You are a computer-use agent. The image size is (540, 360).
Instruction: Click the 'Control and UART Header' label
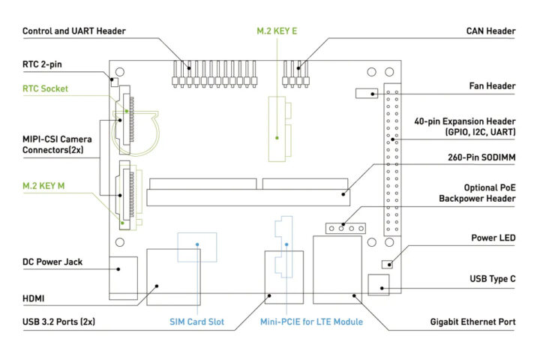click(74, 31)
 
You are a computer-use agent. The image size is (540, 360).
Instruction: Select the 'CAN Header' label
click(490, 31)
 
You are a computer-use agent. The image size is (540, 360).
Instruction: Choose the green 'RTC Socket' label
click(46, 88)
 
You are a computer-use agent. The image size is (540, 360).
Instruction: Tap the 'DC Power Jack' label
click(52, 262)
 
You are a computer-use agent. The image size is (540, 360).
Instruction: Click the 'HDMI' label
click(34, 298)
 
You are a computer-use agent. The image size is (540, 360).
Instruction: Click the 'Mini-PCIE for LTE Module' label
click(311, 322)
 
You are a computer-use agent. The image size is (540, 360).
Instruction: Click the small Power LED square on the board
click(387, 264)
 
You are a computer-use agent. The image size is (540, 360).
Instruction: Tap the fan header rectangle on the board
click(367, 94)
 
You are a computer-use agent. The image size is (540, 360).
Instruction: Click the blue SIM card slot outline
click(197, 246)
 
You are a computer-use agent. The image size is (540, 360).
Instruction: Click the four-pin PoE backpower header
click(344, 228)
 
